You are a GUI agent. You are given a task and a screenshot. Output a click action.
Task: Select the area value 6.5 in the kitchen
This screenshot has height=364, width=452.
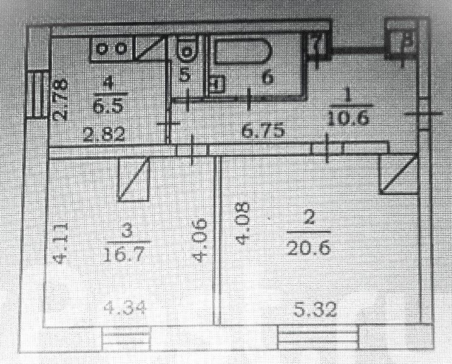(x=109, y=105)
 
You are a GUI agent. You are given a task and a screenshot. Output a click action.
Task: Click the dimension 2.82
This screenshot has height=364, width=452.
(x=104, y=134)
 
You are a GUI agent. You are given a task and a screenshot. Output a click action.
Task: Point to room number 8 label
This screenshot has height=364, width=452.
(x=406, y=41)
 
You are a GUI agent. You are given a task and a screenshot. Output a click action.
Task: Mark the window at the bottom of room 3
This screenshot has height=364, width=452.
(x=126, y=335)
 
